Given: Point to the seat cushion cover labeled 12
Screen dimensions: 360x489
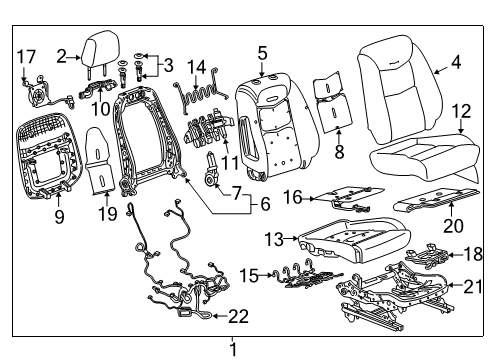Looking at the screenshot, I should click(x=420, y=158).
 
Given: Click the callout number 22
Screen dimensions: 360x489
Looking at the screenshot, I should click(x=237, y=317).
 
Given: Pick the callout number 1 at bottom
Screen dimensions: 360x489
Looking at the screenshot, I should click(x=233, y=349).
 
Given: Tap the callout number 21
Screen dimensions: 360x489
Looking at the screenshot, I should click(x=470, y=288).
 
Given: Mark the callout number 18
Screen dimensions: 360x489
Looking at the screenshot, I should click(x=472, y=255).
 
